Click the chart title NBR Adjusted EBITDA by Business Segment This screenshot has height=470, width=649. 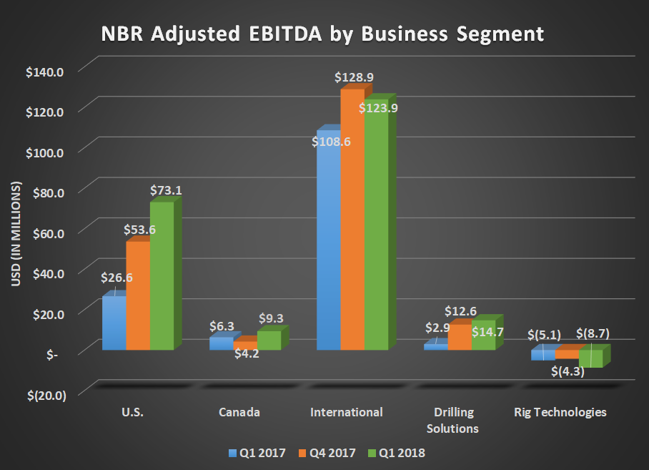tap(324, 34)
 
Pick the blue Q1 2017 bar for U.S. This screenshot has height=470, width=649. tap(114, 322)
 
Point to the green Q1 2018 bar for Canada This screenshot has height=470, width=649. tap(269, 341)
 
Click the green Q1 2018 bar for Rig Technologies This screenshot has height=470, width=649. tap(590, 358)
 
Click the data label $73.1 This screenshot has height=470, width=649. tap(166, 191)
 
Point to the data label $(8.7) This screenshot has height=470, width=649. tap(593, 334)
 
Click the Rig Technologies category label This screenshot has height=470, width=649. tap(560, 412)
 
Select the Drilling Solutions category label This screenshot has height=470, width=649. tap(455, 420)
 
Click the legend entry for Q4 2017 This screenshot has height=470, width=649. tap(332, 453)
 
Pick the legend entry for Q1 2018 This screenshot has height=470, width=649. tap(399, 453)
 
